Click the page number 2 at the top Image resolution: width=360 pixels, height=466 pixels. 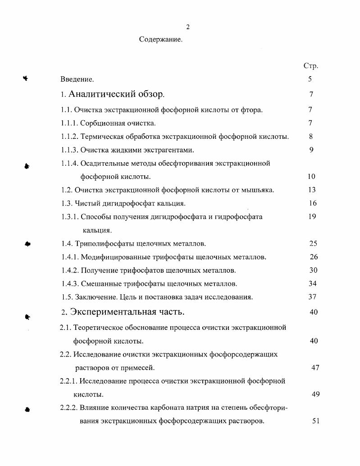[x=188, y=27]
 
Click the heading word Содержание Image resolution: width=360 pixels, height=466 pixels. [x=160, y=40]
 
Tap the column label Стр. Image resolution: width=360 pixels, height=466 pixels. [x=311, y=66]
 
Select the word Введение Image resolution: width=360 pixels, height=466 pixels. [x=77, y=80]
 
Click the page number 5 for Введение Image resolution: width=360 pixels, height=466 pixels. [x=310, y=79]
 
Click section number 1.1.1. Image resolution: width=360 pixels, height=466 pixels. [x=70, y=123]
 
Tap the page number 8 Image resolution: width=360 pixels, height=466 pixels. [x=311, y=137]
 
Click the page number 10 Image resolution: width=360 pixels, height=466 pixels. [x=311, y=177]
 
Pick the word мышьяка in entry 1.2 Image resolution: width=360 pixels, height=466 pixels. [x=257, y=190]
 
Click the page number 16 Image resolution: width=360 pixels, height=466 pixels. [x=313, y=203]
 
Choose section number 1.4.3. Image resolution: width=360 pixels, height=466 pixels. [x=70, y=284]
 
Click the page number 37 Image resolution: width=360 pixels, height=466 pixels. [x=312, y=297]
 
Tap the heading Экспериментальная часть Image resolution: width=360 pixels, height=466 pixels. [x=127, y=312]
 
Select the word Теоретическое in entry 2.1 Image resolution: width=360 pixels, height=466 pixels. [x=97, y=328]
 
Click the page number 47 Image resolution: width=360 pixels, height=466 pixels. [x=315, y=368]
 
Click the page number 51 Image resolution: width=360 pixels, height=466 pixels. [x=315, y=421]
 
